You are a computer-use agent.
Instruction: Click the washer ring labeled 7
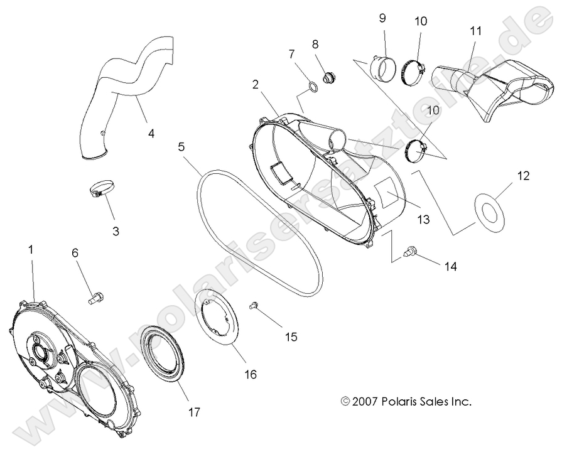click(310, 87)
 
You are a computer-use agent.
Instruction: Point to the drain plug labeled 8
click(327, 78)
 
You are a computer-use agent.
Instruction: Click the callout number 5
click(181, 148)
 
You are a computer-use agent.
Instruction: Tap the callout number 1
click(30, 250)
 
